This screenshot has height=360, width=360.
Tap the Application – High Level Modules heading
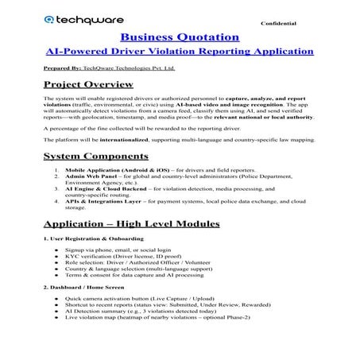point(132,223)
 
